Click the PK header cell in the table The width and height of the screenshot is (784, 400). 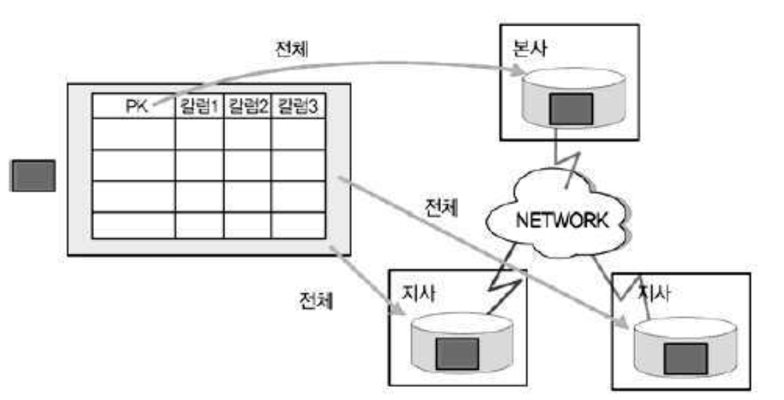click(x=134, y=107)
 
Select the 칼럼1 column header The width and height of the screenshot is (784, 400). click(x=199, y=107)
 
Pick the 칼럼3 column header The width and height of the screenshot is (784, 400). click(x=297, y=107)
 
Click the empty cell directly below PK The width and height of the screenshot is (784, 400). click(x=133, y=134)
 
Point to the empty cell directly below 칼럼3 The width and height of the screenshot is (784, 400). click(x=297, y=134)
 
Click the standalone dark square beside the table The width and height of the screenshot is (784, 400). click(x=32, y=175)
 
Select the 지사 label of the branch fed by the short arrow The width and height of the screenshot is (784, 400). click(x=419, y=292)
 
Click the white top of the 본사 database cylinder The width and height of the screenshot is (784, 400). click(x=570, y=78)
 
